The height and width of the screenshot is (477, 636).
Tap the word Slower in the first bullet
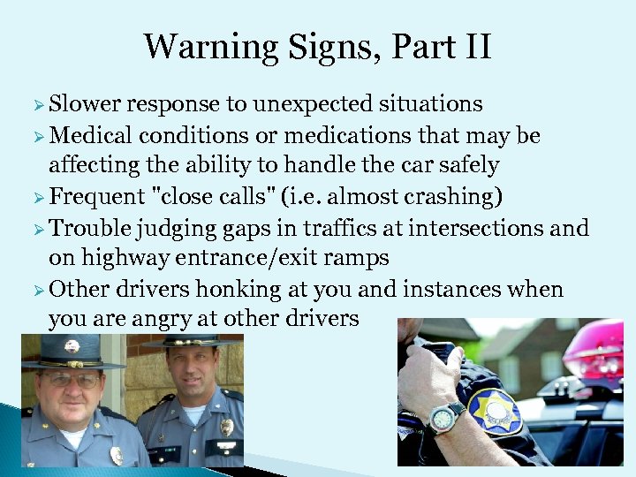pyautogui.click(x=86, y=104)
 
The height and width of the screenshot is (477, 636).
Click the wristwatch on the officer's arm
pyautogui.click(x=445, y=415)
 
